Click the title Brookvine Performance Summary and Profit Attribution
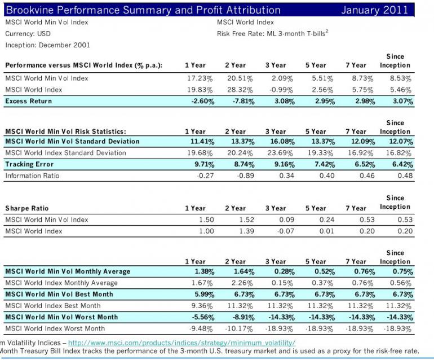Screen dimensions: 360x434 [x=143, y=10]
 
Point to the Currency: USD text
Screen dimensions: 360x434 [x=28, y=34]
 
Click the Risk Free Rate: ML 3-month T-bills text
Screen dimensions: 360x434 [x=272, y=34]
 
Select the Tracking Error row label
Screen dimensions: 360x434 [x=29, y=164]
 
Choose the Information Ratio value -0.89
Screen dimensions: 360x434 [x=243, y=176]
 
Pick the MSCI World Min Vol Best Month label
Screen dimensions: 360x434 [x=59, y=294]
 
